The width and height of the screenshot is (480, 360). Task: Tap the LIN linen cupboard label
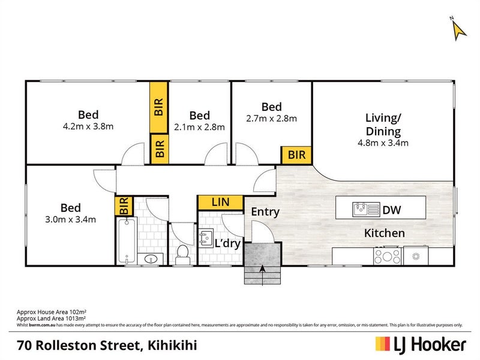tap(220, 203)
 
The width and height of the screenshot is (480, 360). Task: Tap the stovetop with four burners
tap(387, 257)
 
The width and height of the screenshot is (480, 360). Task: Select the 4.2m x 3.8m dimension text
tap(88, 127)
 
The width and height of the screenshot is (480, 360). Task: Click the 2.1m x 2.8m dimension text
tap(199, 127)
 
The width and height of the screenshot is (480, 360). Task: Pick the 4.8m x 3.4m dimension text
tap(383, 143)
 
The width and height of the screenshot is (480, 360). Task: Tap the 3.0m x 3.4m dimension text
tap(70, 219)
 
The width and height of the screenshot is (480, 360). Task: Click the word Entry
tap(265, 211)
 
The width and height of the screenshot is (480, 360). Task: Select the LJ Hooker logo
tap(421, 344)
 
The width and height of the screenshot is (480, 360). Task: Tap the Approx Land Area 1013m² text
tap(51, 319)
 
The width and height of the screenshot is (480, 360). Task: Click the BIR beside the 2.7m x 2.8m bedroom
tap(296, 155)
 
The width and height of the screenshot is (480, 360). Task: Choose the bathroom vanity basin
tap(150, 259)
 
